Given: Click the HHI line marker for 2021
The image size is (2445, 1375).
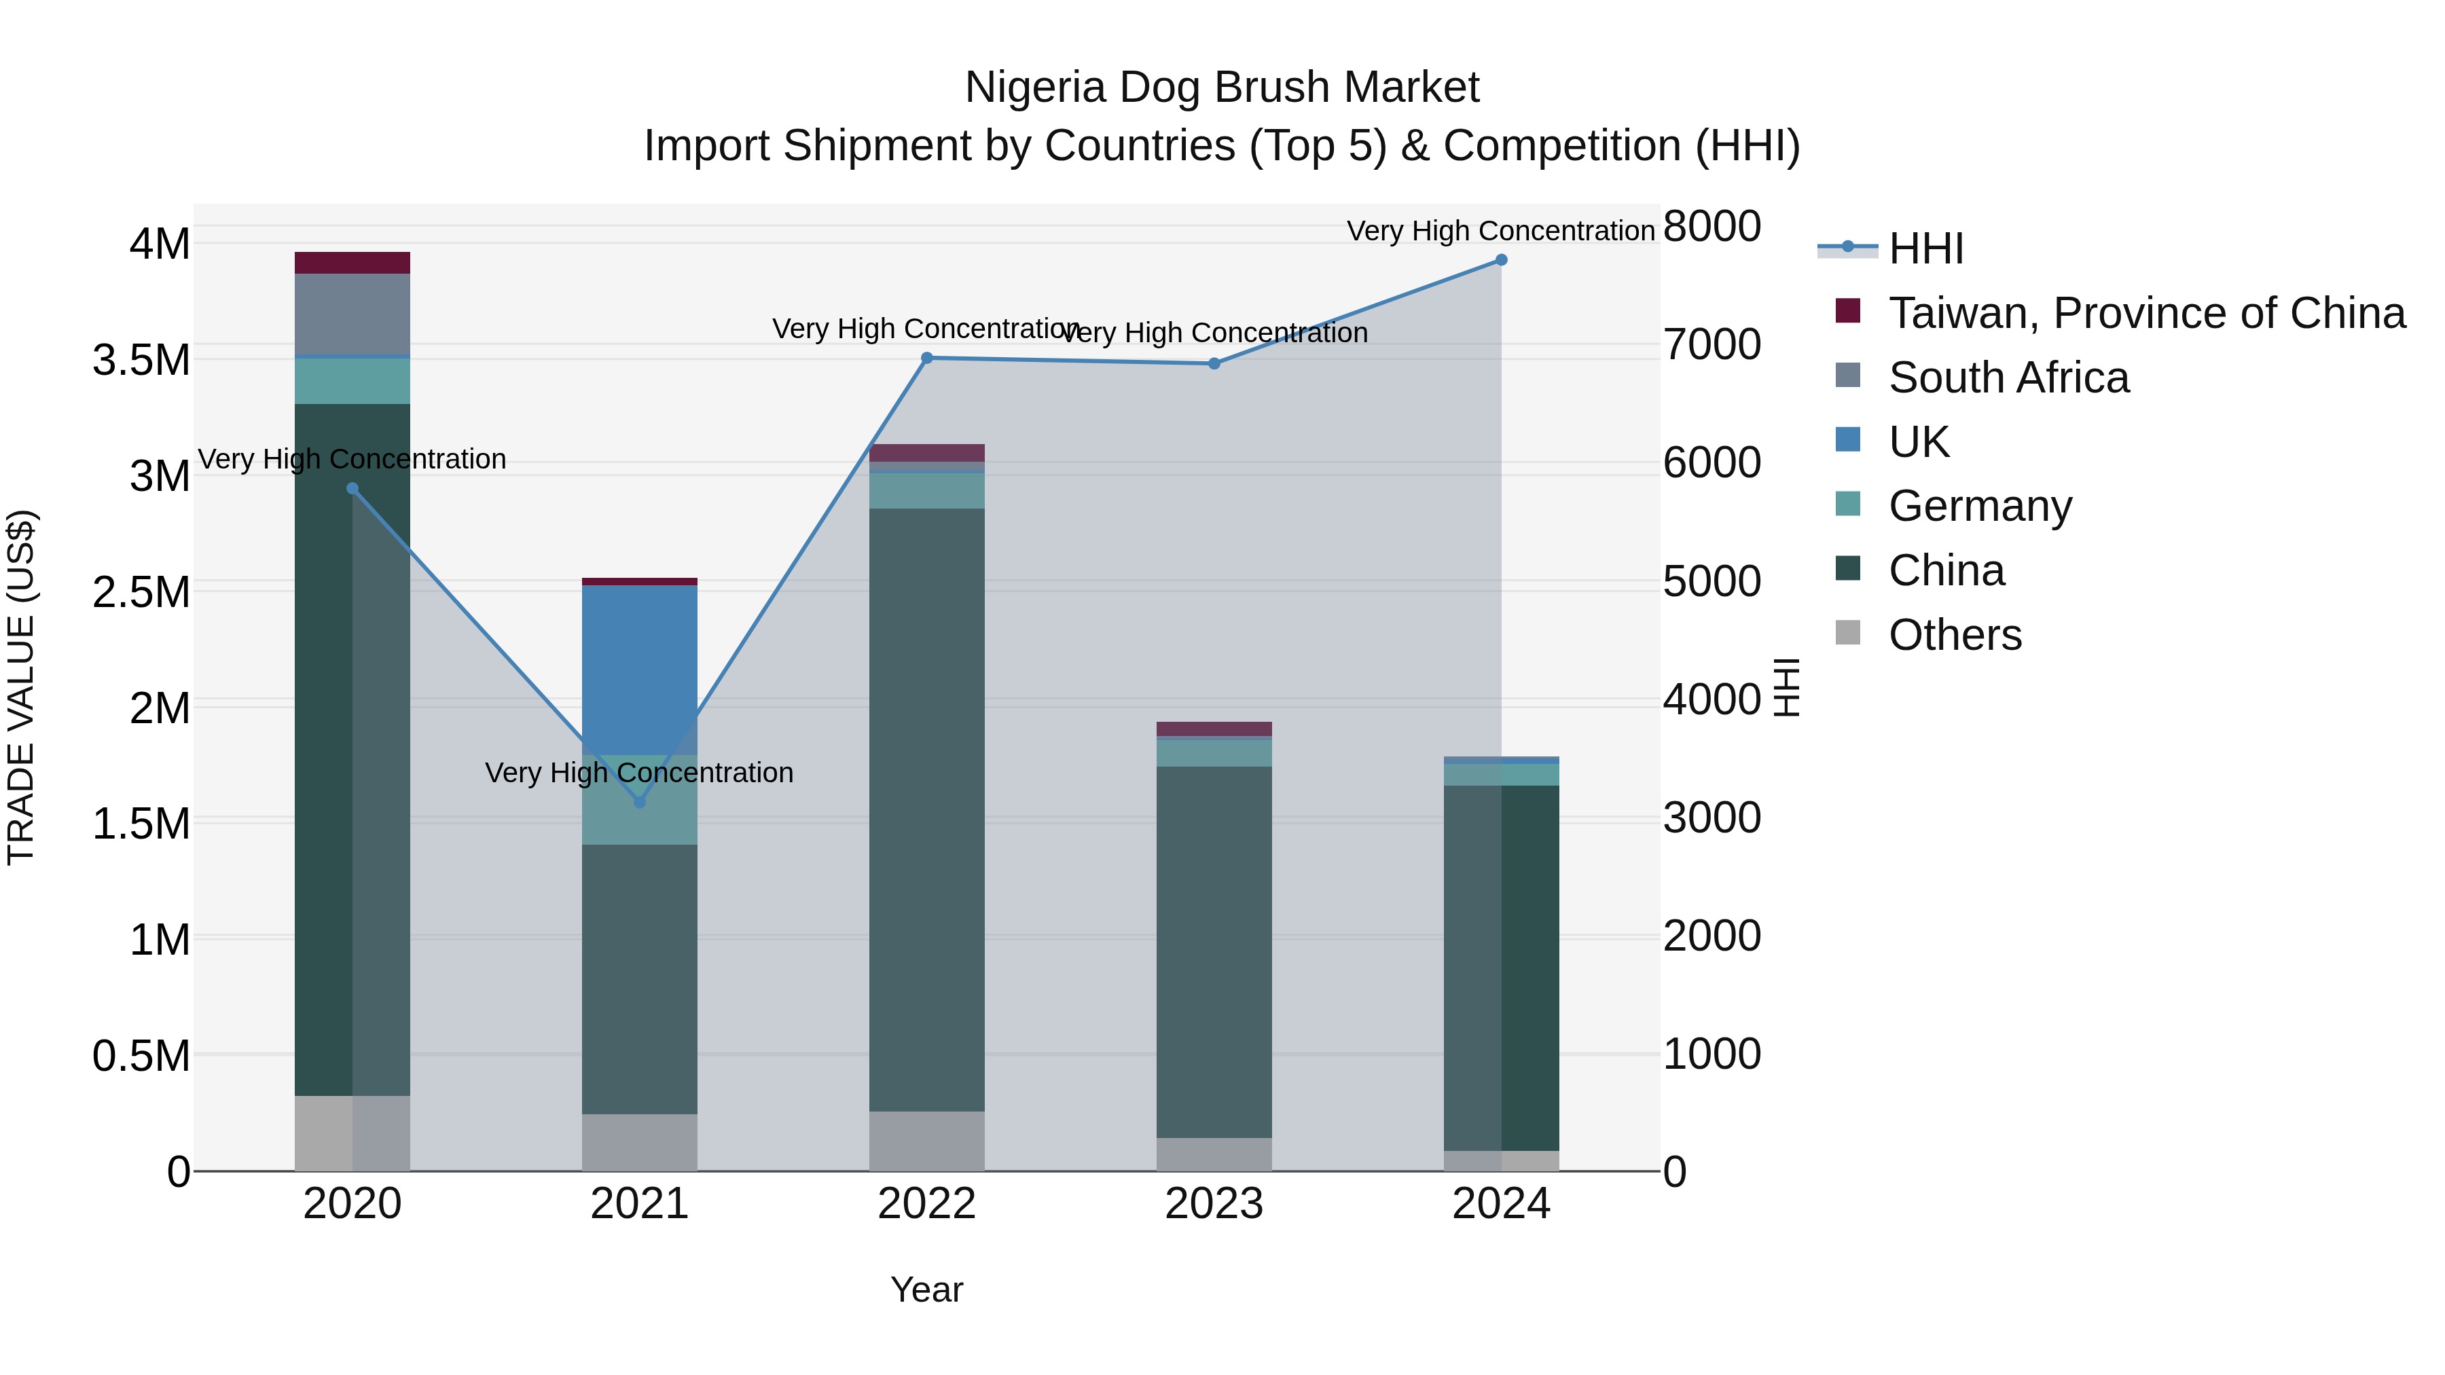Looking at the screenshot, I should pos(639,802).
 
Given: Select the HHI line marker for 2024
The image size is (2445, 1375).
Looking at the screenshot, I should pos(1500,259).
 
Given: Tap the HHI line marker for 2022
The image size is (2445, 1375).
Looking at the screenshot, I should pos(926,358).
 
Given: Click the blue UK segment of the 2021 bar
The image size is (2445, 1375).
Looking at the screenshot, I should pos(639,669).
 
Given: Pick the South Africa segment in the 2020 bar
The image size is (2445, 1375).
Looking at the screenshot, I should pos(352,313).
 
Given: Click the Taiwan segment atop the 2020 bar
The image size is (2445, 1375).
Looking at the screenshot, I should pos(352,263).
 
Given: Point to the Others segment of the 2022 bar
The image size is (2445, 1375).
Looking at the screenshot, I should pos(926,1141).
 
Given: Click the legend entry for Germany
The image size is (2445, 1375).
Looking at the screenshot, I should pos(1979,506).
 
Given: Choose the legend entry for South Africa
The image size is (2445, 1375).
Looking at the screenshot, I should pos(2008,378).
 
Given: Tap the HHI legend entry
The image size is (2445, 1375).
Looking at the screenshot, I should pos(1925,249).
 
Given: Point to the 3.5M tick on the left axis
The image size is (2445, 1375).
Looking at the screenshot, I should pos(141,361).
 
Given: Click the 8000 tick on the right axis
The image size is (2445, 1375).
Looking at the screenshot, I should pos(1711,227).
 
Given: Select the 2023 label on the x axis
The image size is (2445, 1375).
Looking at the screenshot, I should pos(1213,1204).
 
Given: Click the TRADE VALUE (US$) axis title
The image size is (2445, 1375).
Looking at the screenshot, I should pos(21,687).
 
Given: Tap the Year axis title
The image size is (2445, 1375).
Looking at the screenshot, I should pos(926,1289).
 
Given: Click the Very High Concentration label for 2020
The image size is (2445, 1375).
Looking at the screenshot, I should pos(352,459).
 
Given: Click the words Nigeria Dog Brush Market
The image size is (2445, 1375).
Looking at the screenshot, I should pos(1222,88).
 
